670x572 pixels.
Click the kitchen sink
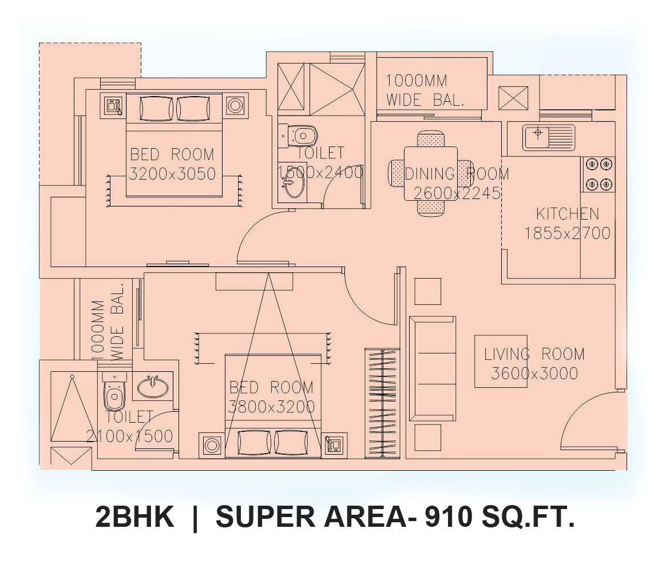(548, 137)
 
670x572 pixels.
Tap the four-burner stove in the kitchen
(598, 174)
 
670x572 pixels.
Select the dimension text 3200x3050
(172, 174)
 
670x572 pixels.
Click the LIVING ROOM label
(534, 354)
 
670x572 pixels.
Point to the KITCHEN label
(568, 213)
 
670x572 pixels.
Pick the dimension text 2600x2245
(457, 193)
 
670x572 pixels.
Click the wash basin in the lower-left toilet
(153, 387)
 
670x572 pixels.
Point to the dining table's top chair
(431, 140)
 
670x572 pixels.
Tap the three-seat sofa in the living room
(433, 369)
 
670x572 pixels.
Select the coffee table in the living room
(501, 362)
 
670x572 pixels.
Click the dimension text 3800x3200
(271, 407)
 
